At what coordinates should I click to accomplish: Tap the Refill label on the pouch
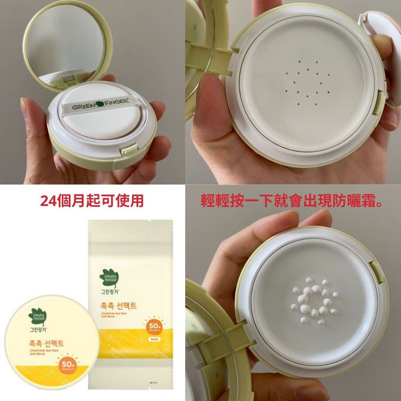click(x=152, y=340)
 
